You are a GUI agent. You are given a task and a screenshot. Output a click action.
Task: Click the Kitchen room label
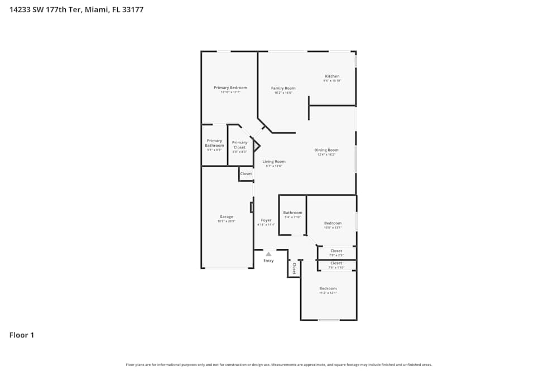(332, 76)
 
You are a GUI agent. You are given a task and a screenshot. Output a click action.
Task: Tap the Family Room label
(283, 88)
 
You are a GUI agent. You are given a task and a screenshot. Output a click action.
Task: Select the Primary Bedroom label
(230, 88)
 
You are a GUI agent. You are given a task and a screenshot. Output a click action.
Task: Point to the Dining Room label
(326, 150)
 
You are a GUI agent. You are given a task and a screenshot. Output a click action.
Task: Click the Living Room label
(274, 162)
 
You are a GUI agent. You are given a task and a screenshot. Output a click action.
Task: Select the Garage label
(226, 217)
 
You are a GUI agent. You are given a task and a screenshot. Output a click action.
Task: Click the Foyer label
(266, 220)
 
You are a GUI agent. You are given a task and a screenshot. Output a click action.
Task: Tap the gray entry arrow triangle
(268, 254)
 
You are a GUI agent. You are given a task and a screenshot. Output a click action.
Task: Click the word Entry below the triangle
(268, 261)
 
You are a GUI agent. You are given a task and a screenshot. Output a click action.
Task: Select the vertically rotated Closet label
(294, 269)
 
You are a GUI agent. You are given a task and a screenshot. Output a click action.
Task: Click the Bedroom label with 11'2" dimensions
(328, 288)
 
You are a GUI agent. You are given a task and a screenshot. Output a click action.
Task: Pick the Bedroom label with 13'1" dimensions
(333, 223)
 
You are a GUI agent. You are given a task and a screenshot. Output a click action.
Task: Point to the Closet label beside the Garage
(246, 173)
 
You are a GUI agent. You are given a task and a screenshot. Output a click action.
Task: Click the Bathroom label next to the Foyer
(292, 212)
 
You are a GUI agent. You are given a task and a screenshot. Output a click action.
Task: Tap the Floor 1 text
(22, 335)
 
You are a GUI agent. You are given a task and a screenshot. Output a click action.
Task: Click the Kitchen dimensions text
(332, 81)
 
